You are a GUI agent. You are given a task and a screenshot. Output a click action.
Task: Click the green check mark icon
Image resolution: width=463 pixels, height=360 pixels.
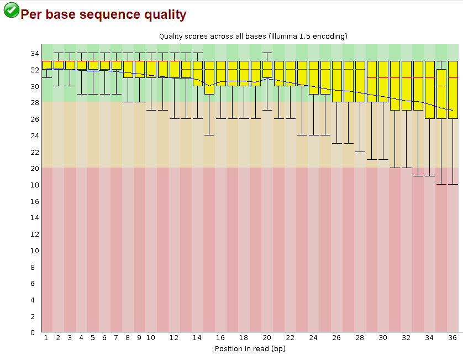pyautogui.click(x=10, y=10)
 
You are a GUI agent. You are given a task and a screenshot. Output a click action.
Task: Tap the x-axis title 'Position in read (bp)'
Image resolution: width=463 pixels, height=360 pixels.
pyautogui.click(x=250, y=348)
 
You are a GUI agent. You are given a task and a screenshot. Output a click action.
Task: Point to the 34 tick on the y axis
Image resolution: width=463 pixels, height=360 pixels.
pyautogui.click(x=34, y=53)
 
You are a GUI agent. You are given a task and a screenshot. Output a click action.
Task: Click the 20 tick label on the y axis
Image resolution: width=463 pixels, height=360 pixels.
pyautogui.click(x=34, y=168)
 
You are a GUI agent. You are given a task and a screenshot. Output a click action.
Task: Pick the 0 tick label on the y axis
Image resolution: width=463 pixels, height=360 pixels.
pyautogui.click(x=36, y=332)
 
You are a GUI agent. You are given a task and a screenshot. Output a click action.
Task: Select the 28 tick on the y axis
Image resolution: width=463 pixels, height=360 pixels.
pyautogui.click(x=34, y=102)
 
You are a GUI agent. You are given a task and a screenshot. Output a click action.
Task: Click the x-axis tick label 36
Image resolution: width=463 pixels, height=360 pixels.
pyautogui.click(x=453, y=337)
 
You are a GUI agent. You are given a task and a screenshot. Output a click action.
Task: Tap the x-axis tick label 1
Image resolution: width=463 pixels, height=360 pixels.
pyautogui.click(x=46, y=337)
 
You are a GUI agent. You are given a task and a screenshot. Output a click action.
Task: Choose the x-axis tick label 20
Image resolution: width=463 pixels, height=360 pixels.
pyautogui.click(x=267, y=337)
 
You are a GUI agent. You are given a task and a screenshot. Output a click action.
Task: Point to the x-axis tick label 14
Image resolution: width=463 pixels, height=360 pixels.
pyautogui.click(x=197, y=337)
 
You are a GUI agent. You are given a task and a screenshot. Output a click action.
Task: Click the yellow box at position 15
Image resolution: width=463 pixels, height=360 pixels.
pyautogui.click(x=209, y=77)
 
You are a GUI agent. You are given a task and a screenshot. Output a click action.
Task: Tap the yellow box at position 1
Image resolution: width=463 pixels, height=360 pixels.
pyautogui.click(x=46, y=65)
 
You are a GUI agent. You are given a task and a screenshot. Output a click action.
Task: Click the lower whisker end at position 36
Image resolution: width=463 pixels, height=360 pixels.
pyautogui.click(x=453, y=184)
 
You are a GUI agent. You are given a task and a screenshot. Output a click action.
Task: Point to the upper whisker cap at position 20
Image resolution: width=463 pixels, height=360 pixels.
pyautogui.click(x=267, y=53)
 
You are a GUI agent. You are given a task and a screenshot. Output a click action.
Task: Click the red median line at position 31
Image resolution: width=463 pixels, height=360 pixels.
pyautogui.click(x=394, y=77)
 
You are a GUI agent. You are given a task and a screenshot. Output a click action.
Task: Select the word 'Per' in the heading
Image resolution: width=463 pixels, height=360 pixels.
pyautogui.click(x=33, y=15)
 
